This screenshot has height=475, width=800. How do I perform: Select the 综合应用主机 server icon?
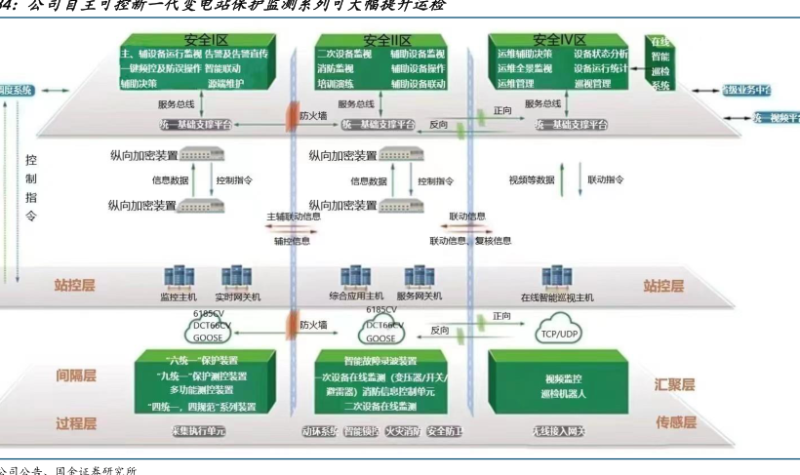[x=352, y=277]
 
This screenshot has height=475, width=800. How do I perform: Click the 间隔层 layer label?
[x=76, y=376]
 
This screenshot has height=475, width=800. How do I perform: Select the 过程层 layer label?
[x=76, y=423]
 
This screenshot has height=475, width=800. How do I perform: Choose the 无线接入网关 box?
[x=558, y=431]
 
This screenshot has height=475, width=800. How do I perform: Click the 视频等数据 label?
[x=532, y=179]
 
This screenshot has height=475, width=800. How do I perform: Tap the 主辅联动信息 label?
[x=293, y=216]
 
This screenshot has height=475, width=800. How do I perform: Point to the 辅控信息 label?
[x=292, y=240]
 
